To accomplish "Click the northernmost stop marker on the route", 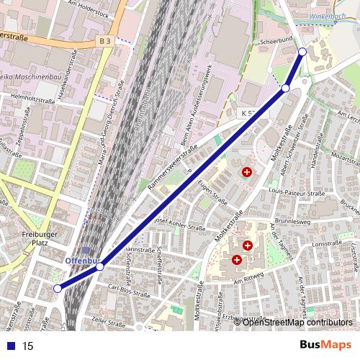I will point(302,52).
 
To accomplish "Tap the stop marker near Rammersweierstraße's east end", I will point(286,88).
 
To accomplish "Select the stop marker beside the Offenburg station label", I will point(100,266).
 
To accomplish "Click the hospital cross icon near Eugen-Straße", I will point(247,172).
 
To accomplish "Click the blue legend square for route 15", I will point(8,346).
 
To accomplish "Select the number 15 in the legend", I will point(28,346).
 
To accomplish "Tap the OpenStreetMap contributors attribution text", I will point(297,322).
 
